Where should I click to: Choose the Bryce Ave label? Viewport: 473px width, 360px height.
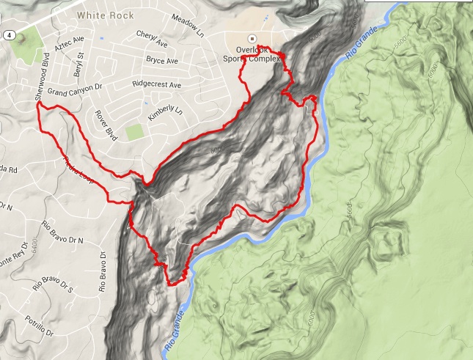pos(161,59)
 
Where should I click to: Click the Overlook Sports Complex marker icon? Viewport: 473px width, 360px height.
pos(252,37)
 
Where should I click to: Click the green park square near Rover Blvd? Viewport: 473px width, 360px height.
pos(133,133)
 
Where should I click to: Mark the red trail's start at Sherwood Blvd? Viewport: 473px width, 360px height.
pos(37,104)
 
